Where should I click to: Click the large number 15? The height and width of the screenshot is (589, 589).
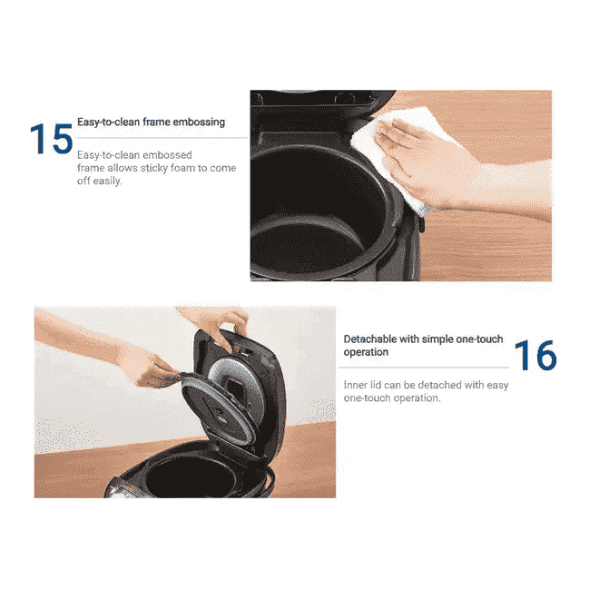[x=51, y=139]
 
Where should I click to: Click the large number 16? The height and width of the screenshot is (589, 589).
[x=535, y=356]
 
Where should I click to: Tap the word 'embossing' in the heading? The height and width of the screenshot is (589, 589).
[x=196, y=122]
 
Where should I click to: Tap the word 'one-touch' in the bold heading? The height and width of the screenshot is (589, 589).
[x=477, y=339]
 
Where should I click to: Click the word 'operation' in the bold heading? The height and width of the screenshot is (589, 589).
[x=366, y=352]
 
